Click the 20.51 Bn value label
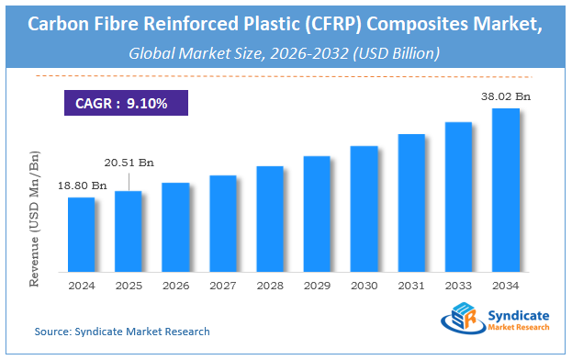coord(128,163)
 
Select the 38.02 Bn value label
coord(510,95)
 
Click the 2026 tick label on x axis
coord(175,285)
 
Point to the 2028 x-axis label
coord(270,285)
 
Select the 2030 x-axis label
coord(365,285)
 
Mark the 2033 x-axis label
coord(459,285)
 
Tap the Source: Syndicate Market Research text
coord(122,331)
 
